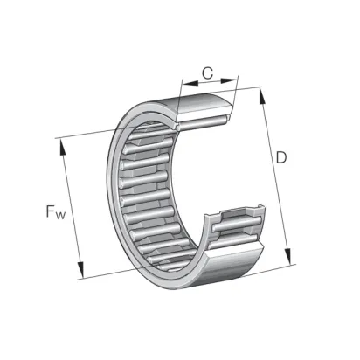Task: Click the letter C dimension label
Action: coord(208,73)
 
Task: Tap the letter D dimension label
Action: coord(281,157)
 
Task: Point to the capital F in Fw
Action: coord(51,211)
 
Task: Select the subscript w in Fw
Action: coord(61,216)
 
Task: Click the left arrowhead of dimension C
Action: coord(190,84)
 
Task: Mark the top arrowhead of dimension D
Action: coord(262,95)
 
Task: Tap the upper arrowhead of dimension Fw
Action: coord(63,148)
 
